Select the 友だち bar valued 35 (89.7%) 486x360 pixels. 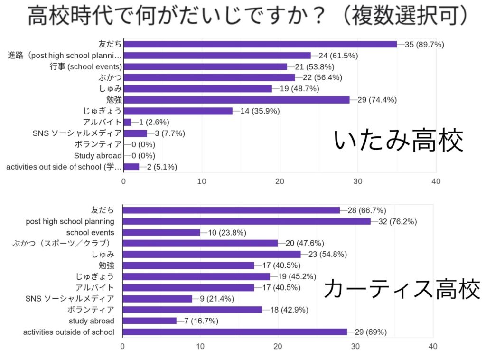[260, 44]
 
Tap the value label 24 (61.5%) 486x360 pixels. [338, 56]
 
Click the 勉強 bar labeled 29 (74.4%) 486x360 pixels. [236, 100]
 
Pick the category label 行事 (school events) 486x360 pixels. [86, 66]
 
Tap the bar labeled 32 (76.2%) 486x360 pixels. [246, 221]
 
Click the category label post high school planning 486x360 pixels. [70, 221]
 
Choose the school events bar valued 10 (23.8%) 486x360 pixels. [161, 232]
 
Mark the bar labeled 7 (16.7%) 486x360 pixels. [150, 321]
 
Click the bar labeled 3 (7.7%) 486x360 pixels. [135, 133]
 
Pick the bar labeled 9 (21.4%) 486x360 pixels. [158, 299]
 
